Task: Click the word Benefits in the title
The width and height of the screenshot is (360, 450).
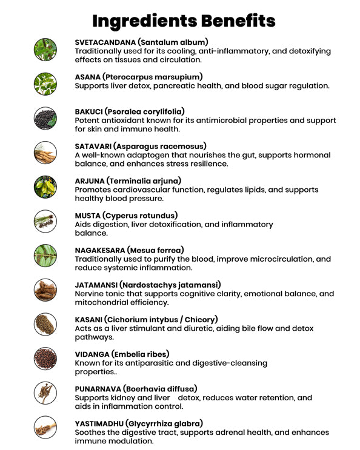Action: pyautogui.click(x=234, y=21)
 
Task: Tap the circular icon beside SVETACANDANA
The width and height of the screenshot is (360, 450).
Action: pyautogui.click(x=45, y=49)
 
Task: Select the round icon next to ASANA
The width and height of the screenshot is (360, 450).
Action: pyautogui.click(x=45, y=83)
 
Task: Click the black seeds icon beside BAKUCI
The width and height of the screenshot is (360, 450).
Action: pyautogui.click(x=45, y=118)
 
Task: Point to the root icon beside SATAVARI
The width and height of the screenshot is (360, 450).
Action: pyautogui.click(x=45, y=153)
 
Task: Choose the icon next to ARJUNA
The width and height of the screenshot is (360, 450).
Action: pyautogui.click(x=45, y=187)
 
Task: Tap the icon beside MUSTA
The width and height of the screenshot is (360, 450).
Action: pyautogui.click(x=45, y=221)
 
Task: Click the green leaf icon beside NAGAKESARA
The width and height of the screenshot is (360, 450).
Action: pyautogui.click(x=45, y=256)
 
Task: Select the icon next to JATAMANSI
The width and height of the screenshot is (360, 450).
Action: pyautogui.click(x=45, y=290)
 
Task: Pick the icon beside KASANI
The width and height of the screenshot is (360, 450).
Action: pyautogui.click(x=45, y=325)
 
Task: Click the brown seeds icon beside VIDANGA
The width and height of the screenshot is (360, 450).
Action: pyautogui.click(x=45, y=359)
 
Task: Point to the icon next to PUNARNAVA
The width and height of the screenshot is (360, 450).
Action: pyautogui.click(x=45, y=394)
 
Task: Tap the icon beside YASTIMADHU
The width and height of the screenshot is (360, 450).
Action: pyautogui.click(x=45, y=428)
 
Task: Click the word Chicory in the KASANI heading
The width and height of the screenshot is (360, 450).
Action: pyautogui.click(x=198, y=319)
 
